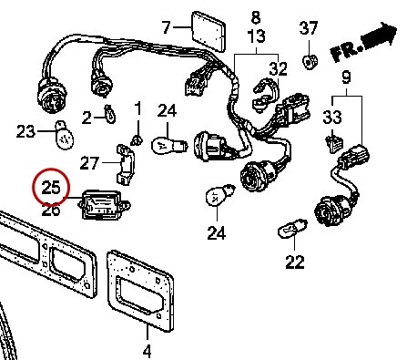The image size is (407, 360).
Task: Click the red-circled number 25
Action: [x=51, y=187]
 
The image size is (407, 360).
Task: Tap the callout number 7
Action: [x=166, y=27]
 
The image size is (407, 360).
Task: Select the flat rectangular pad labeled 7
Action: [x=209, y=31]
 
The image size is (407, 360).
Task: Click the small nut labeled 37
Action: [x=310, y=61]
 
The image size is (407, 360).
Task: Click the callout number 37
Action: [x=309, y=28]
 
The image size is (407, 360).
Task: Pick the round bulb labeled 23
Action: [x=64, y=135]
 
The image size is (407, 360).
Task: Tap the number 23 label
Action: [x=25, y=131]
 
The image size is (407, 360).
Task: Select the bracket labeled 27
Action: [x=125, y=164]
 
